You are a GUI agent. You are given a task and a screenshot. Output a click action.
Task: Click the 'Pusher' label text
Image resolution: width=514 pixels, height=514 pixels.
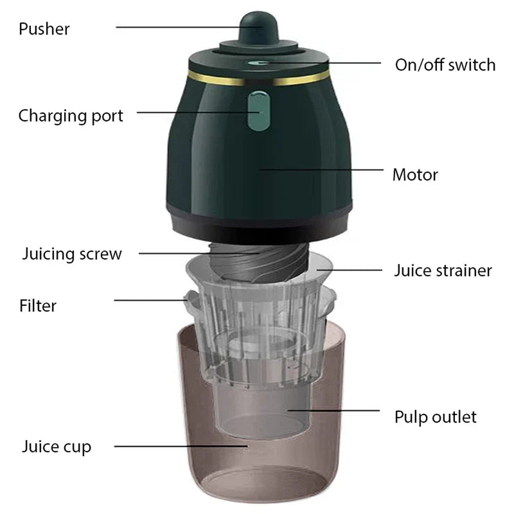click(44, 29)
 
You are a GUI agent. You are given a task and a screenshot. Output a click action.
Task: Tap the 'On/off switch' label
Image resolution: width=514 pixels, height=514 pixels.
click(445, 65)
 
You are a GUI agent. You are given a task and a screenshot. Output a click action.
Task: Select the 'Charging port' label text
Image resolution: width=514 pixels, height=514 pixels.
click(71, 116)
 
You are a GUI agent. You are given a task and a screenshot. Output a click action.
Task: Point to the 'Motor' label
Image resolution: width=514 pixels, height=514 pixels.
click(415, 175)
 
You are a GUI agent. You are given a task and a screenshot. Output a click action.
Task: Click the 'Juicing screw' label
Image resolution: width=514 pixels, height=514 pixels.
click(72, 254)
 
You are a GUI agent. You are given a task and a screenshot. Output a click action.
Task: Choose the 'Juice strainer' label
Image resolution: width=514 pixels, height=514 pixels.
click(443, 270)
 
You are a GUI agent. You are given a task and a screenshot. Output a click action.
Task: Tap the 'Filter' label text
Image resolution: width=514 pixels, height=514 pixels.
click(38, 306)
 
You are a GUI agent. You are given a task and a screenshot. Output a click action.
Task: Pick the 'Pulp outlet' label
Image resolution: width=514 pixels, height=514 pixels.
click(436, 418)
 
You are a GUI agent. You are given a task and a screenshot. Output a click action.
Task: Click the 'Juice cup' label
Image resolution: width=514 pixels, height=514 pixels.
click(57, 447)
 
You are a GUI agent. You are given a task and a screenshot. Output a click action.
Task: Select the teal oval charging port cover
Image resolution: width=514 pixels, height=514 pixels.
click(259, 111)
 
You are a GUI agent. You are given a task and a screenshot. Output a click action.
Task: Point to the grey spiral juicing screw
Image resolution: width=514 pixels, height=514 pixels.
click(259, 261)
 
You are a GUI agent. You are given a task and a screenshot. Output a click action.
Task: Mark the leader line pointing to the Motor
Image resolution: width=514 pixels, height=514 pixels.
click(321, 170)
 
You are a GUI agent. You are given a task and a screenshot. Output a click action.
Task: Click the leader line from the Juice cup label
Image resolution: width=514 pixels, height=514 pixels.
click(181, 446)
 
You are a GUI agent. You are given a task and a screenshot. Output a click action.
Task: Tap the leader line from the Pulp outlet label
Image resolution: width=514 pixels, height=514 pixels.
click(333, 410)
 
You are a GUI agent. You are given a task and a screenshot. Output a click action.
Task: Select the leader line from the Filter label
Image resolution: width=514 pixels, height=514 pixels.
click(151, 300)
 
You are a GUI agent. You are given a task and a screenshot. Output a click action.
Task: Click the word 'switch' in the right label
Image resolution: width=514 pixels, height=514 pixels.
click(472, 65)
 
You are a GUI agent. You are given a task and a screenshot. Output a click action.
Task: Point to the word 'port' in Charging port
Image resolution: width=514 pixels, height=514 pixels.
click(107, 117)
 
